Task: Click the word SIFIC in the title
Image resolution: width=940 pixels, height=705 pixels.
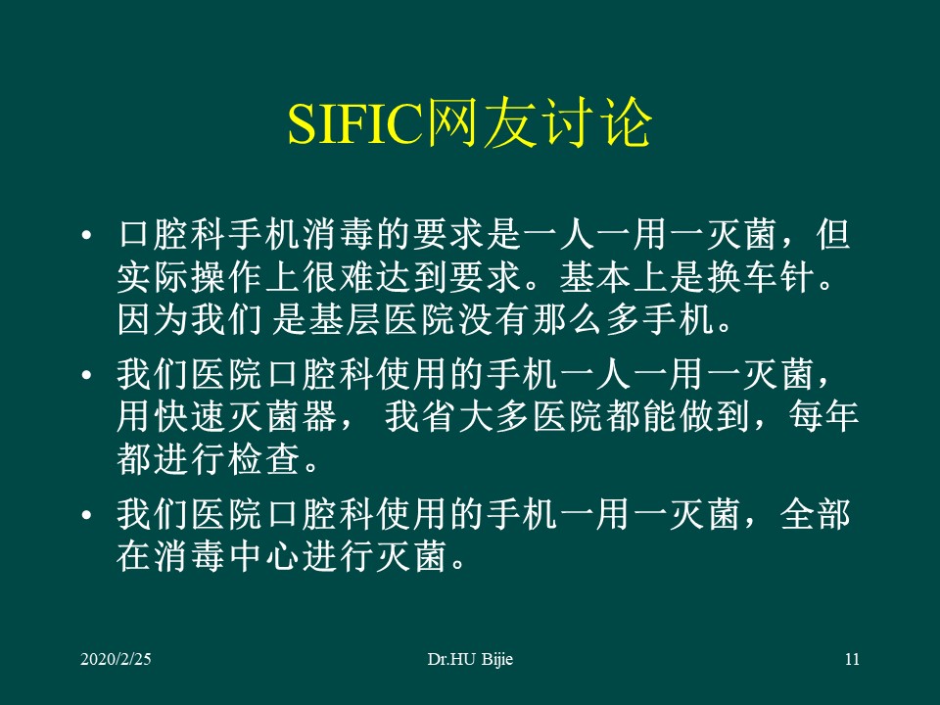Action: pos(351,124)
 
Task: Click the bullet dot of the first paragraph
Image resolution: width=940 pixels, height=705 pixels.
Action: pos(88,238)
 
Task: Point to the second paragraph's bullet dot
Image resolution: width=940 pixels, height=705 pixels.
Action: pos(88,377)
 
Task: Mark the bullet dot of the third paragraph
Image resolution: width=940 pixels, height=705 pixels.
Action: pos(88,515)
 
